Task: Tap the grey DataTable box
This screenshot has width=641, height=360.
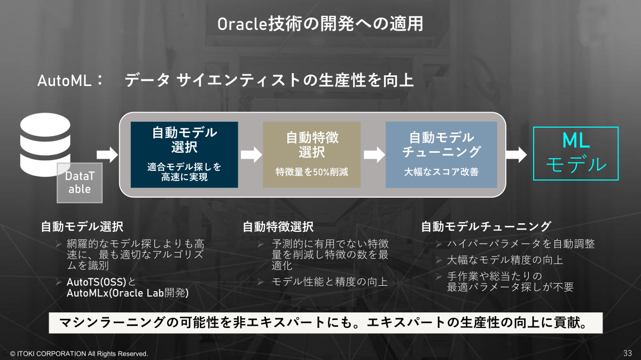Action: pos(80,183)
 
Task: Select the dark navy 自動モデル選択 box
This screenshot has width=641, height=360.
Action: pos(184,155)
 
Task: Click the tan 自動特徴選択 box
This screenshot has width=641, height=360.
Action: pos(311,155)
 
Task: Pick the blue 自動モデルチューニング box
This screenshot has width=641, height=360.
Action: pos(441,155)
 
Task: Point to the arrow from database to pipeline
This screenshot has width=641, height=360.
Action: pos(107,155)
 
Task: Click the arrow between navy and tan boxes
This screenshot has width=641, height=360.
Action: pos(251,155)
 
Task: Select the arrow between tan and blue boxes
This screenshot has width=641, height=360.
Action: pos(374,155)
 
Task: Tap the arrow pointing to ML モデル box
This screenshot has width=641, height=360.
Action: pos(516,155)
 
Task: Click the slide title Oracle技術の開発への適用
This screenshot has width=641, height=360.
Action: pos(320,24)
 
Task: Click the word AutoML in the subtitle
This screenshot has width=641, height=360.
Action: pos(65,81)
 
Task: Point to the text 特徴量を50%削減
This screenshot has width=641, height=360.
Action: pos(311,172)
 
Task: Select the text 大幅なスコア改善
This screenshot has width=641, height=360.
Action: pos(441,172)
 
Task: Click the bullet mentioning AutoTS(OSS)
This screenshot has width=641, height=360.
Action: pos(128,287)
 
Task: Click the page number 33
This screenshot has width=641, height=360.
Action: pos(628,353)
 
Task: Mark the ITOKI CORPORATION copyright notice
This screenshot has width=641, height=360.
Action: pos(79,354)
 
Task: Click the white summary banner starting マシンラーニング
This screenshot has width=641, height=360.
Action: pos(326,323)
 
